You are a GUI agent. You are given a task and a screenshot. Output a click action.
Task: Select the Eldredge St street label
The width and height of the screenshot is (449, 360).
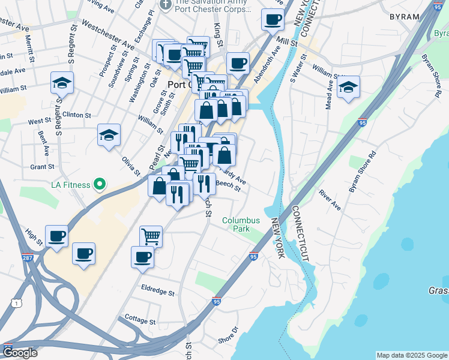click(157, 293)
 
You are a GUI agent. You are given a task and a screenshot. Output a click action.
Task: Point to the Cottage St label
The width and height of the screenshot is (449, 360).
click(139, 319)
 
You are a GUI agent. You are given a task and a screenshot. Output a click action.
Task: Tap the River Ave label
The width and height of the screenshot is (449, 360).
click(330, 200)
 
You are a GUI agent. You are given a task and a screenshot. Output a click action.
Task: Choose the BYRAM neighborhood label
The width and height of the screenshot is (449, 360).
click(404, 16)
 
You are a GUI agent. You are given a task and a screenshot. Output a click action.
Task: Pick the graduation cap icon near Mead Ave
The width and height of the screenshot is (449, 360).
click(348, 87)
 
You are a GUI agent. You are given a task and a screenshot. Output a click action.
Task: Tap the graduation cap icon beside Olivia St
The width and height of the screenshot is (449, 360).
click(109, 135)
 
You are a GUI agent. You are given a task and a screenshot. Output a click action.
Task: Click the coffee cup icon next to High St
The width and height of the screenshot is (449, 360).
click(56, 235)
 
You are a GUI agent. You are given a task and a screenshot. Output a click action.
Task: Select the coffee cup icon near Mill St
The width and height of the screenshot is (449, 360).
click(273, 19)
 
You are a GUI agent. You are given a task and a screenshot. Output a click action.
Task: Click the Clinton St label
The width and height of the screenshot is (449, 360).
click(76, 114)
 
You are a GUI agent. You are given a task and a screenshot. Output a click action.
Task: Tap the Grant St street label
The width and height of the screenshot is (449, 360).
click(43, 166)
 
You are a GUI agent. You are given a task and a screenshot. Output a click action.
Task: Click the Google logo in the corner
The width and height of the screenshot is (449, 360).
click(19, 353)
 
